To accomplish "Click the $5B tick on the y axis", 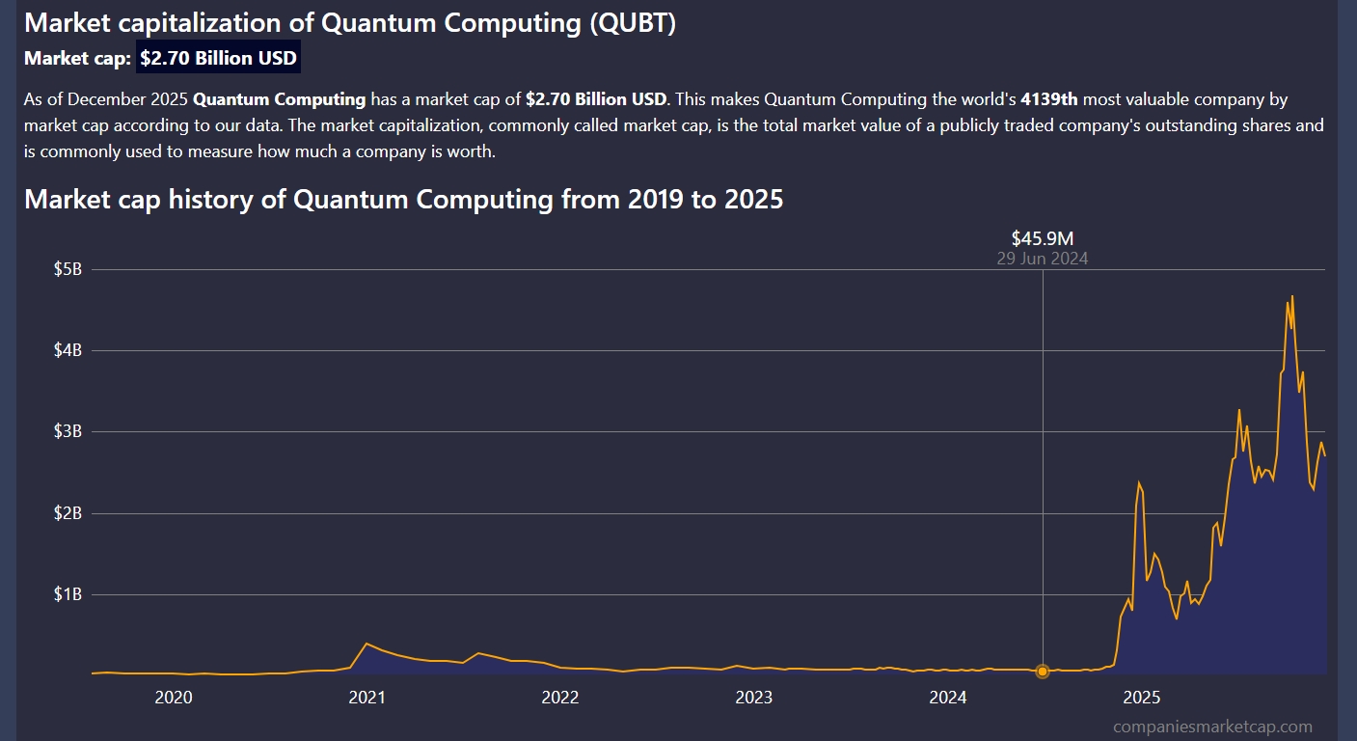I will click(x=68, y=269).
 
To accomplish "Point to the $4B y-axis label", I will click(x=68, y=350).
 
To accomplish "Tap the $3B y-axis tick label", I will click(x=68, y=431).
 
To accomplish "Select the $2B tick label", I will click(x=68, y=513).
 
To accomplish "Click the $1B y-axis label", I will click(x=68, y=594).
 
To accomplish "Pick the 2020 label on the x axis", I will click(x=173, y=698).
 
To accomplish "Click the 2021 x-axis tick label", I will click(x=366, y=698).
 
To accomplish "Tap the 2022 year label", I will click(x=560, y=698).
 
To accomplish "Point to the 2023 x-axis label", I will click(x=754, y=698).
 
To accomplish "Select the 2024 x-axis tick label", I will click(x=948, y=698).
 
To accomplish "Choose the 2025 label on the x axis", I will click(x=1142, y=698).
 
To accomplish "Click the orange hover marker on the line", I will click(x=1043, y=671).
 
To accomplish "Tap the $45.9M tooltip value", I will click(x=1042, y=238).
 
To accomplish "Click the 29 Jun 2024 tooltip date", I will click(x=1042, y=259).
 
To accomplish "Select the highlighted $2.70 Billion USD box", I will click(x=218, y=58).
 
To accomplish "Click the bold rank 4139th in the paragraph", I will click(x=1049, y=99).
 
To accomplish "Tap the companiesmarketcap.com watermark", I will click(x=1212, y=727).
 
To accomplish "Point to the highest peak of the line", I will click(x=1292, y=296).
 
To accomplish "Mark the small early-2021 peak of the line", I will click(x=366, y=644).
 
